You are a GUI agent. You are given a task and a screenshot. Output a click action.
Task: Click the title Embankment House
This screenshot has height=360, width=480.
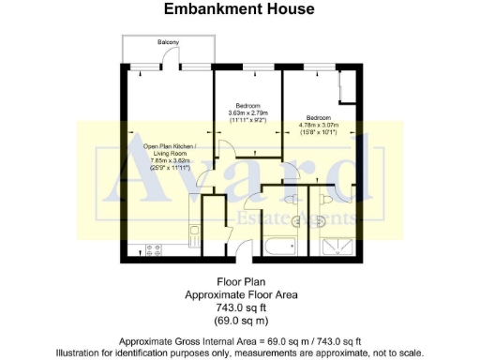239,10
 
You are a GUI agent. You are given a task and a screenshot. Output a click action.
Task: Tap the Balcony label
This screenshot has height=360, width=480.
169,43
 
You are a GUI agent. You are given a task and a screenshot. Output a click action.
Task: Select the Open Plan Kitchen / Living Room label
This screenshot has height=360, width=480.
169,150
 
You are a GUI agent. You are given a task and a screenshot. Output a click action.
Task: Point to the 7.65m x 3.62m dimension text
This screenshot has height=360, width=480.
169,162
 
